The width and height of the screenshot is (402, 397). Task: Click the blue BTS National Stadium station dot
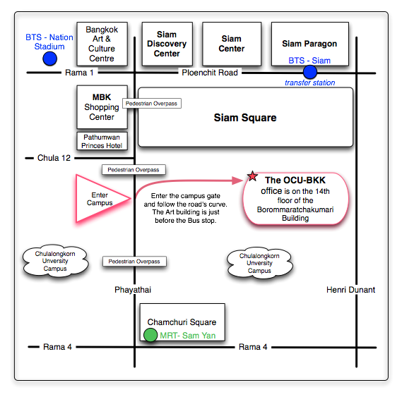coord(49,59)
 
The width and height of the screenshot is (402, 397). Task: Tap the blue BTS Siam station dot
coord(310,72)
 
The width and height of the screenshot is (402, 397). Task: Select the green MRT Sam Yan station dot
coord(150,335)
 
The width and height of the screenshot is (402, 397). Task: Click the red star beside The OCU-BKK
coord(252,176)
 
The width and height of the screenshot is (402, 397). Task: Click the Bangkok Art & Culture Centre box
coord(102,44)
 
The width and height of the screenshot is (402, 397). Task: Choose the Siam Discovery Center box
coord(167,44)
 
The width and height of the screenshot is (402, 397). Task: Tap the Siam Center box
coord(232,44)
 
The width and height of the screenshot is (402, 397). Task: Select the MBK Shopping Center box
coord(102,107)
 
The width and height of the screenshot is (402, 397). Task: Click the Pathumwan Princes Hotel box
coord(102,141)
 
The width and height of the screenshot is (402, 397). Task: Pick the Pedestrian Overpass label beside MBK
coord(152,104)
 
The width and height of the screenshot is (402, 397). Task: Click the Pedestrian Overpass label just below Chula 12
coord(134,170)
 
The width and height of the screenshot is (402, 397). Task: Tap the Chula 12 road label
coord(54,158)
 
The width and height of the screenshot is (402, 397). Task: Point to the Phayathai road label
coord(133,290)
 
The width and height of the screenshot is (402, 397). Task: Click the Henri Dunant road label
coord(350,290)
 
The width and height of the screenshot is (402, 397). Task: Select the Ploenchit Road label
coord(210,73)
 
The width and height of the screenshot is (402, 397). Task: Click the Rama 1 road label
coord(79,73)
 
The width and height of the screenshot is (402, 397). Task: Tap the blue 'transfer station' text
coord(309,83)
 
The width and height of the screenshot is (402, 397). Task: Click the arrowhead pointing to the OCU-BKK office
coord(237,181)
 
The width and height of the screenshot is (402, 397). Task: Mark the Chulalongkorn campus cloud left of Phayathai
coord(55,261)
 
